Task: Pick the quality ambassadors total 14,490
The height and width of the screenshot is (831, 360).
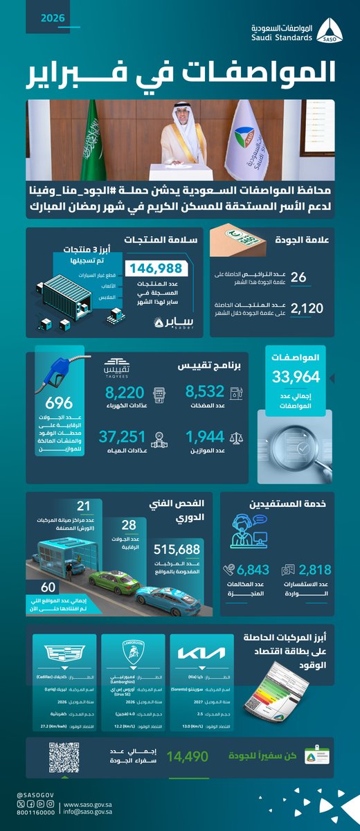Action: tap(182, 757)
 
